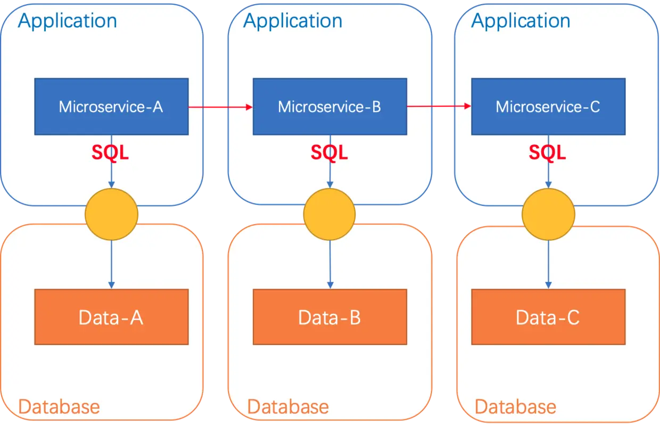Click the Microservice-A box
tap(111, 107)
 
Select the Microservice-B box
tap(329, 107)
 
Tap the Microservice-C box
tap(548, 107)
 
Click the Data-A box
tap(111, 317)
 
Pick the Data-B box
tap(329, 317)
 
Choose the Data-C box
tap(548, 317)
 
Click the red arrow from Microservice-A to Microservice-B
tap(220, 107)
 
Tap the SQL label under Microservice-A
tap(110, 153)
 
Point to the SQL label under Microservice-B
tap(329, 153)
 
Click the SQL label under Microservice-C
tap(547, 153)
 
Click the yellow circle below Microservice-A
tap(111, 214)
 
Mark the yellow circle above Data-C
tap(548, 214)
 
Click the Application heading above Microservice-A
tap(68, 21)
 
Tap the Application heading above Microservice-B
tap(293, 21)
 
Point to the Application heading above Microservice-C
tap(521, 21)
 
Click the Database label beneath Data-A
tap(59, 407)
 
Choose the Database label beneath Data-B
tap(288, 407)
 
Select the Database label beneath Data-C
tap(515, 407)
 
